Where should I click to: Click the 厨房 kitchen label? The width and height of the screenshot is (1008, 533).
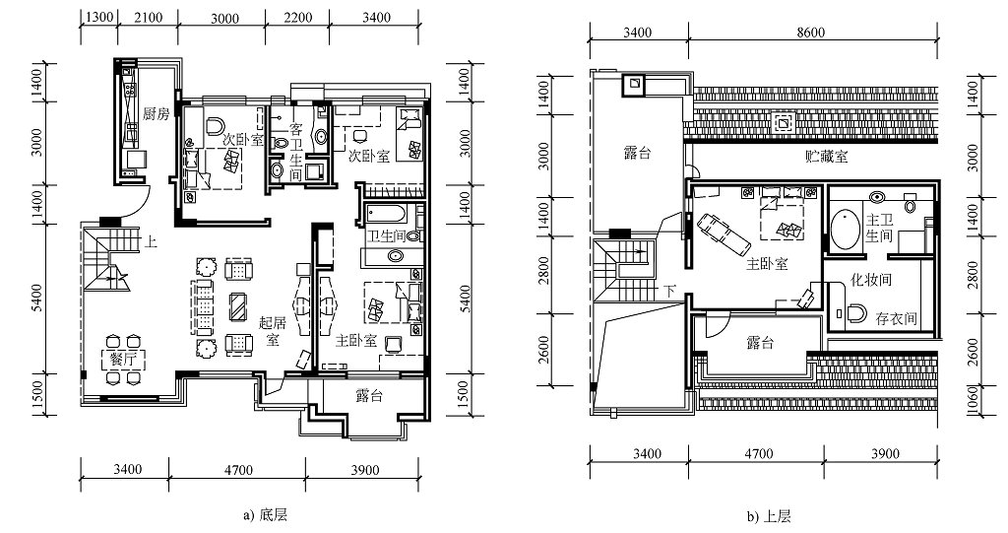(x=157, y=114)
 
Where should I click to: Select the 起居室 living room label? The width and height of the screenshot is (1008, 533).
(x=272, y=330)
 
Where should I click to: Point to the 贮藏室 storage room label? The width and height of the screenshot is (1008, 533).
(x=826, y=156)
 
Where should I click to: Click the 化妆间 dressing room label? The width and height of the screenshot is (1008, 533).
(x=870, y=280)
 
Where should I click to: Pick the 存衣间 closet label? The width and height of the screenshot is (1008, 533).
(x=896, y=318)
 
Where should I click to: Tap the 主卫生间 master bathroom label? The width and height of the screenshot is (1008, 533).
(x=879, y=228)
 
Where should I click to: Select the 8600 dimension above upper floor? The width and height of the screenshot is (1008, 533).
(x=811, y=33)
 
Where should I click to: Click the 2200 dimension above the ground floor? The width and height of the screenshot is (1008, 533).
(x=297, y=18)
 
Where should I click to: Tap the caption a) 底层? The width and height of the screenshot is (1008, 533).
(x=266, y=515)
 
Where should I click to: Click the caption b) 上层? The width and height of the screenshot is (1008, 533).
(x=769, y=516)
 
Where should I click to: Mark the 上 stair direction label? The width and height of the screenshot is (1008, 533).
(x=151, y=242)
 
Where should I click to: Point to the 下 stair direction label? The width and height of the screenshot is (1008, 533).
(x=669, y=291)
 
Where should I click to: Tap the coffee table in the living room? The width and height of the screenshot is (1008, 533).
(x=238, y=306)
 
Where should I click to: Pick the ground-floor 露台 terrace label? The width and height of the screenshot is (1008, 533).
(x=369, y=396)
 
